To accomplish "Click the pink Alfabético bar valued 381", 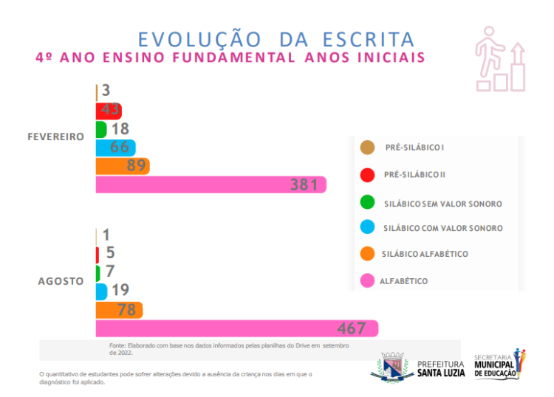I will coord(211,184).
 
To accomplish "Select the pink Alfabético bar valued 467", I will coord(236,328).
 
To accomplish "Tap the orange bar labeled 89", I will coord(123,166).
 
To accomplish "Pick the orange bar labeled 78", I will coord(119,310).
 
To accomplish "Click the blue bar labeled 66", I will coord(115,148).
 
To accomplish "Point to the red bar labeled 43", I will coord(109,111).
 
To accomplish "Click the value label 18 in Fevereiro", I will coord(120,129).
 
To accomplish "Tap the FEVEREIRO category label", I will coord(55,137).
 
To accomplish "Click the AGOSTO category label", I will coord(61,281).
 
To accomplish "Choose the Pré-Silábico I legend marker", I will coord(366,148).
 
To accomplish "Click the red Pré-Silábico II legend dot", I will coord(366,174).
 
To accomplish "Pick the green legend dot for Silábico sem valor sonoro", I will coord(366,202).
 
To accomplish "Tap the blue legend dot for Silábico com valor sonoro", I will coord(366,228).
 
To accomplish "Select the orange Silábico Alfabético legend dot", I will coord(366,254).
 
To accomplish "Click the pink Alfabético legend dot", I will coord(366,280).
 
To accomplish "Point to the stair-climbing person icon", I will coord(500,59).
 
